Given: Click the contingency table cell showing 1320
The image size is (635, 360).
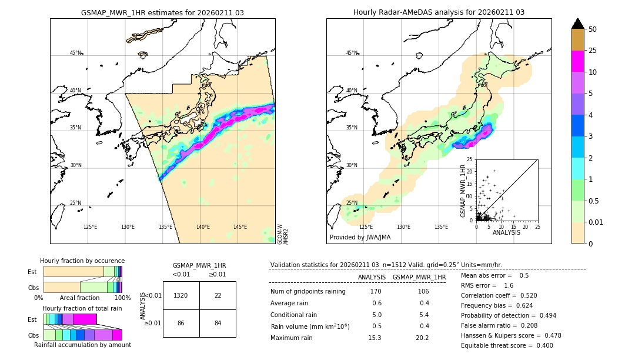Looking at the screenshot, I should tap(181, 295).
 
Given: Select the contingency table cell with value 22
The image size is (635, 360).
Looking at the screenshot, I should tap(218, 295).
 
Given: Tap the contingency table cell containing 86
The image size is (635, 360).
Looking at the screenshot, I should tap(181, 323).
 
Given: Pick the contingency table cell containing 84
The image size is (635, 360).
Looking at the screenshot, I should tap(218, 323).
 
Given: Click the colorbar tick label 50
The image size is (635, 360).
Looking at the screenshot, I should tap(593, 29).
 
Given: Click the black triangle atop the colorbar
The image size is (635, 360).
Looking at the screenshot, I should tap(577, 24).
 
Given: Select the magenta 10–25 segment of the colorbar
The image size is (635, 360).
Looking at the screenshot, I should tap(577, 61).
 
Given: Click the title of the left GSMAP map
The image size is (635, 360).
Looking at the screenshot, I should tap(162, 12).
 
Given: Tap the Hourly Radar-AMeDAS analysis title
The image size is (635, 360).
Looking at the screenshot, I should tap(439, 12).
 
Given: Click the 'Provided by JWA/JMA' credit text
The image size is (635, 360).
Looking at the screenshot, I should tap(360, 238).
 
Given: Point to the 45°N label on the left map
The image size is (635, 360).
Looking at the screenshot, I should tap(75, 53).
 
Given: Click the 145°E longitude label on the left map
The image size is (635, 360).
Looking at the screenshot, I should tap(240, 227).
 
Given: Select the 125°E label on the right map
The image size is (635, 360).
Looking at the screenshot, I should tap(366, 227).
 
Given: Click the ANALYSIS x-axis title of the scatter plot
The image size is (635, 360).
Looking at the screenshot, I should tap(506, 232).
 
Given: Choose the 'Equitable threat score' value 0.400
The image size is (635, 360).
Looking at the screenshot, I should tap(541, 346).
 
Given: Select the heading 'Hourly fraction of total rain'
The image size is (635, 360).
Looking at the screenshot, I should tap(82, 308).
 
